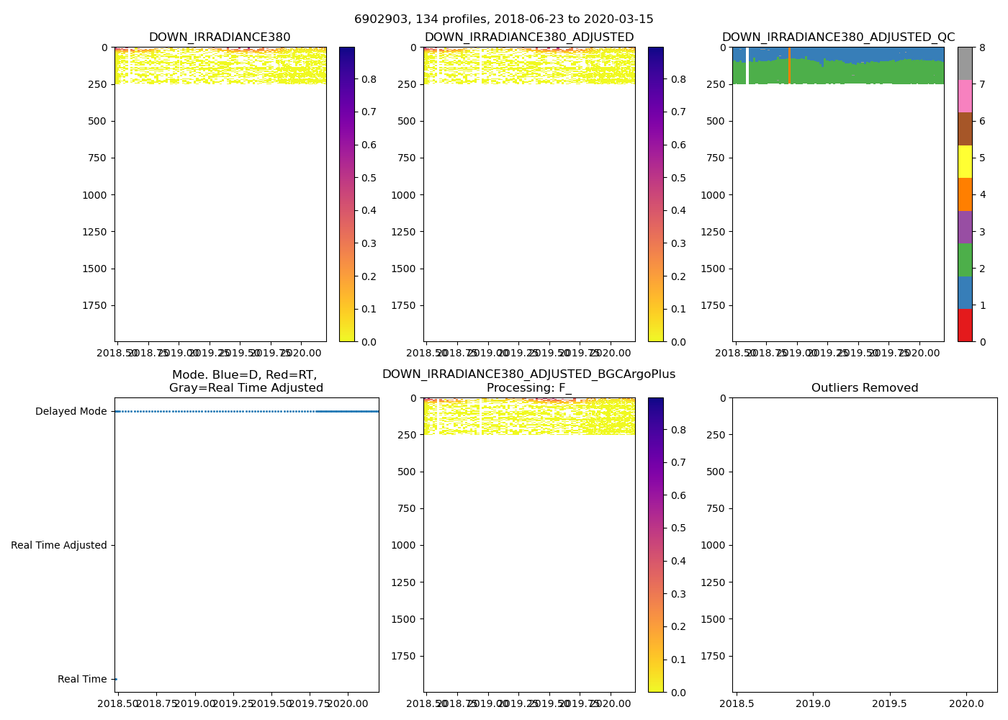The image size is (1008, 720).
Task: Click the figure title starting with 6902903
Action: pos(504,19)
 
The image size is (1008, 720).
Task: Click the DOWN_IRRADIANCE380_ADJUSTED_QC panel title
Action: pos(838,37)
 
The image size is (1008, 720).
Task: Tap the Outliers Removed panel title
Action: pos(865,388)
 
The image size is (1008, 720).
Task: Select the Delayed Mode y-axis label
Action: pos(71,412)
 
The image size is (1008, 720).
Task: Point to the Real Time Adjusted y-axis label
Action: pos(59,546)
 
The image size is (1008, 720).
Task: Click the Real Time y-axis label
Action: pos(82,680)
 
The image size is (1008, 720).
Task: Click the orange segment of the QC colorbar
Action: pos(965,194)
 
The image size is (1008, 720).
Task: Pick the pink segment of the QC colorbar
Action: pos(965,96)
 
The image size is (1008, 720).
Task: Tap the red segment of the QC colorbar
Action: pos(965,325)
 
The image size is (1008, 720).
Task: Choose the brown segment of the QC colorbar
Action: pos(965,129)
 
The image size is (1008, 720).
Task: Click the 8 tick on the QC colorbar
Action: pos(981,48)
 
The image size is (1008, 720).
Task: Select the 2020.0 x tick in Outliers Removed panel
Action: pos(966,703)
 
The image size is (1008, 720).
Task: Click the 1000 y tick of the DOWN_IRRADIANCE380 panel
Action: pos(95,195)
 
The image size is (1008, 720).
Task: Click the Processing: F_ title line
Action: pos(529,388)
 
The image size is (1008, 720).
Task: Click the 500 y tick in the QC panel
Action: pos(717,121)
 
